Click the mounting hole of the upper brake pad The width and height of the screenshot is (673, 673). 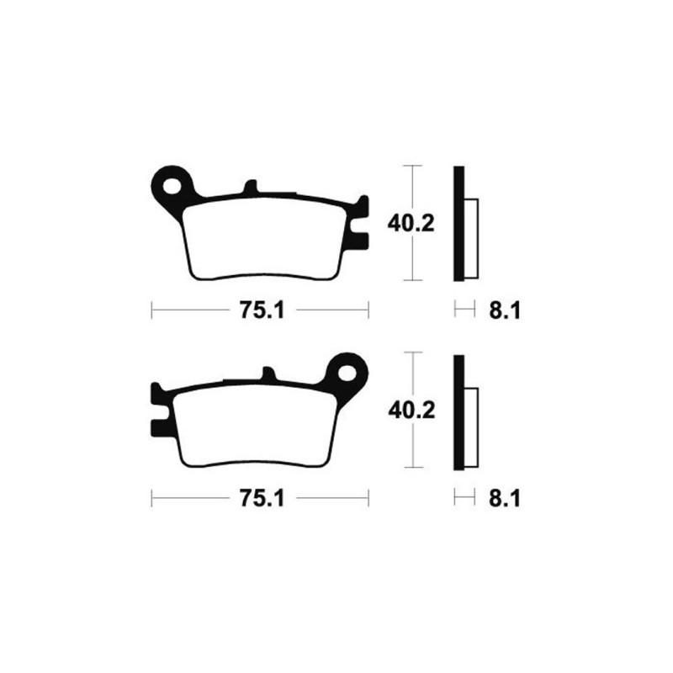172,185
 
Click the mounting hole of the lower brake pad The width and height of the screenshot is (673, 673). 347,373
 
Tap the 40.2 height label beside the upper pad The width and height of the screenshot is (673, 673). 411,224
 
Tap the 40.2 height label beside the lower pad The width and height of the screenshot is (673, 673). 411,411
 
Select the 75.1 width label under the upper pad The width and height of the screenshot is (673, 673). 262,310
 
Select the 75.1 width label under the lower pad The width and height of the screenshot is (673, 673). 262,499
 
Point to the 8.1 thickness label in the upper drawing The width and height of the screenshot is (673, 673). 504,310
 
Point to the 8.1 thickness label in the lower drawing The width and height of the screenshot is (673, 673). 504,499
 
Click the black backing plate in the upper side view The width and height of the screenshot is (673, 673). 458,224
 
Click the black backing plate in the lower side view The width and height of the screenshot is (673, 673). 458,412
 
